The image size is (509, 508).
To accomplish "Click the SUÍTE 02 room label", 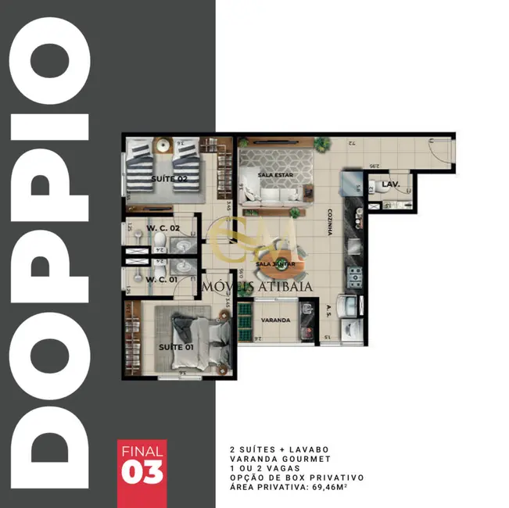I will pyautogui.click(x=168, y=179).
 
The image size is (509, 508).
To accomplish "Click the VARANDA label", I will pyautogui.click(x=276, y=320).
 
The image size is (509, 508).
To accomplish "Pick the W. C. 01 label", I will pyautogui.click(x=161, y=279).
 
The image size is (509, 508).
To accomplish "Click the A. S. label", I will pyautogui.click(x=329, y=309).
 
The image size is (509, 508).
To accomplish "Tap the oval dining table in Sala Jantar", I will pyautogui.click(x=278, y=261).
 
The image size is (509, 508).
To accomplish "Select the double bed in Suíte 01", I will pyautogui.click(x=185, y=338).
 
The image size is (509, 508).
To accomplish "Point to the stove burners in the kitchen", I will pyautogui.click(x=354, y=275).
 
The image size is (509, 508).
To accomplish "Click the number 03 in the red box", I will pyautogui.click(x=142, y=472).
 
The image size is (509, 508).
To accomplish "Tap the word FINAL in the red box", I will pyautogui.click(x=142, y=451).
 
